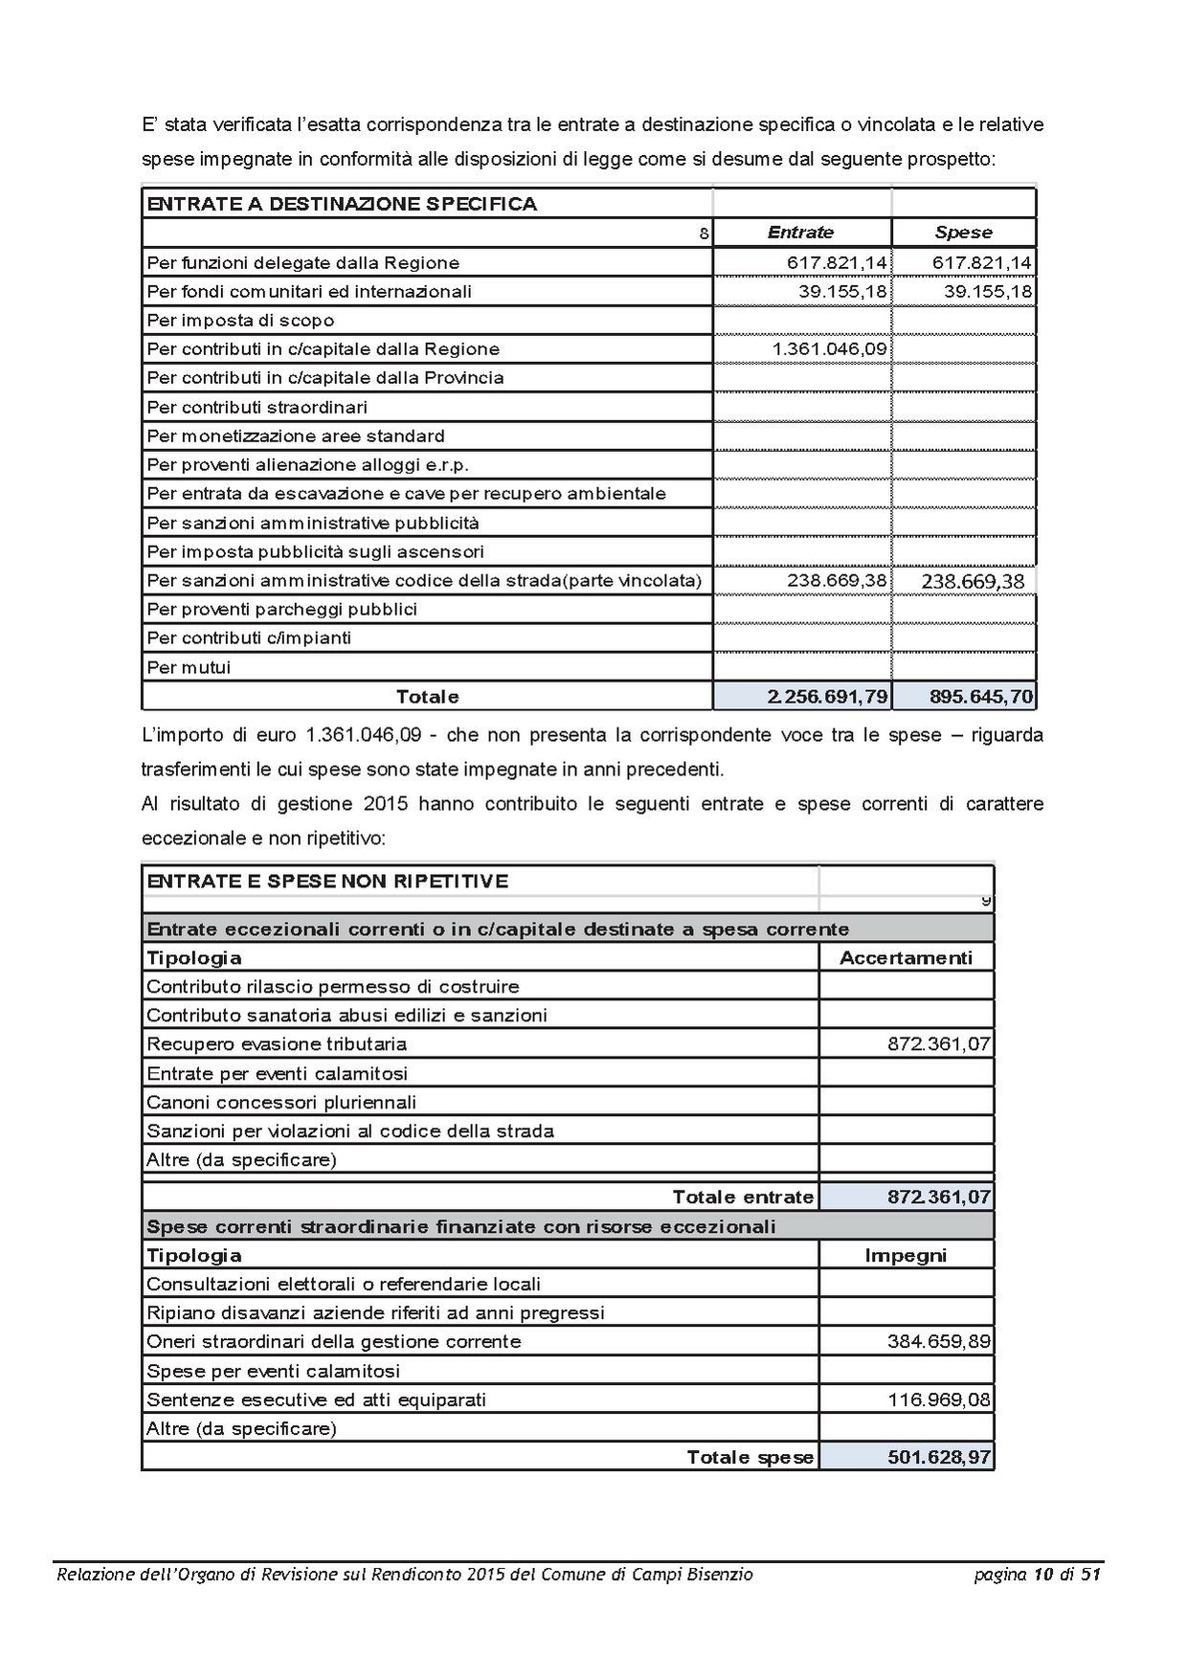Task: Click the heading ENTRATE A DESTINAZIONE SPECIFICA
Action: [x=342, y=204]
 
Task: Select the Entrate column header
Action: [x=800, y=233]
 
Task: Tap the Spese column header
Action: [x=963, y=233]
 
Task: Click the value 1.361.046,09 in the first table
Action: [x=829, y=349]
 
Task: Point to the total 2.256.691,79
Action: [x=827, y=697]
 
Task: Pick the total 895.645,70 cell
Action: [x=981, y=697]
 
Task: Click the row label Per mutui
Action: [x=189, y=667]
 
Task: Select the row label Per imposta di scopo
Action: [x=240, y=321]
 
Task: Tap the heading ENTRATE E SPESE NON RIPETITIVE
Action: [x=327, y=882]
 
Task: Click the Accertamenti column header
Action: [x=906, y=958]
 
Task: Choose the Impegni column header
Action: [x=906, y=1256]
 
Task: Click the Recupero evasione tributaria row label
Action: [x=277, y=1044]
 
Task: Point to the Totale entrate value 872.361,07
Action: [x=938, y=1197]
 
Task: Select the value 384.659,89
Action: [x=938, y=1342]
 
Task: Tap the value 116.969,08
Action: [x=938, y=1400]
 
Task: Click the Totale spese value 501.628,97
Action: [x=938, y=1458]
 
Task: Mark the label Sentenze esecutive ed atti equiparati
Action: [x=316, y=1400]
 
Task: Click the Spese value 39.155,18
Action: [x=988, y=292]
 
